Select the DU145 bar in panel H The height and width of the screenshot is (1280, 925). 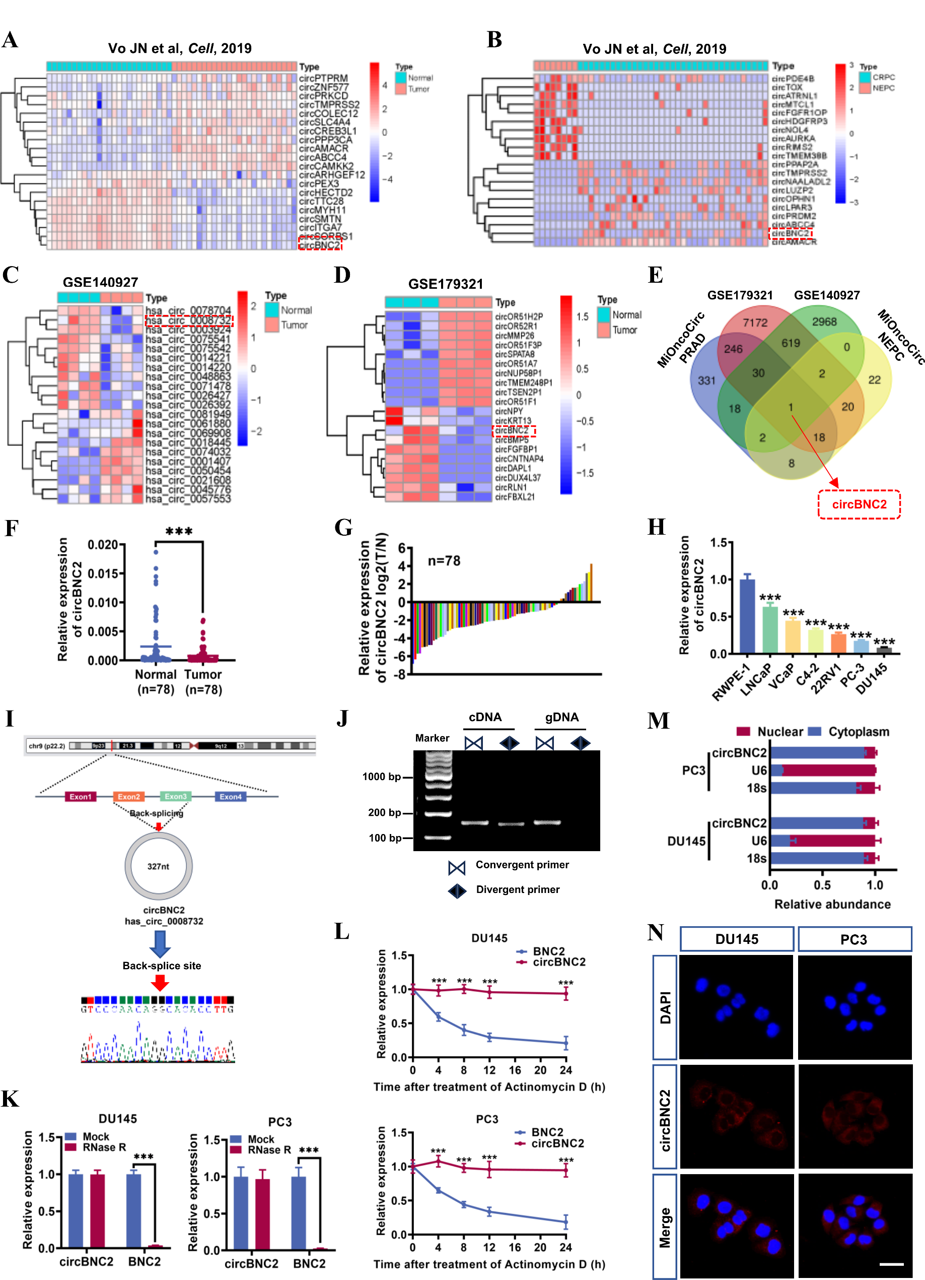(884, 650)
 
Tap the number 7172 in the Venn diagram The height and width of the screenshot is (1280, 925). (755, 323)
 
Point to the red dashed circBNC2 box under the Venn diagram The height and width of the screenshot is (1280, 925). (859, 504)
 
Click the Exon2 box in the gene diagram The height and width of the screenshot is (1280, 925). (128, 796)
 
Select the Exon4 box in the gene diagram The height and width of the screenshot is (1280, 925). (230, 796)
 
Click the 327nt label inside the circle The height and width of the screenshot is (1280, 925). (158, 866)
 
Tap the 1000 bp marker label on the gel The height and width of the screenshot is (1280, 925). (381, 777)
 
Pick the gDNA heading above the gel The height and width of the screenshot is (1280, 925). (562, 717)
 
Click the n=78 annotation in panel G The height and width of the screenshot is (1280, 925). (444, 561)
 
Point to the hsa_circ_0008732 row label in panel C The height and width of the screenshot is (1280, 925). (188, 321)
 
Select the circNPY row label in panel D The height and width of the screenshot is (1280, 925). (509, 411)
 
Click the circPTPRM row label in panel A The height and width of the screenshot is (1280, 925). (323, 78)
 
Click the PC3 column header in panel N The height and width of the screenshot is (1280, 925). (854, 939)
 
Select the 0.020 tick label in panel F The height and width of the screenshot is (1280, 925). (103, 545)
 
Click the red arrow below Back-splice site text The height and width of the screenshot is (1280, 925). (160, 983)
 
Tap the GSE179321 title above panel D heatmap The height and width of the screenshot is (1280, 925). (446, 284)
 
